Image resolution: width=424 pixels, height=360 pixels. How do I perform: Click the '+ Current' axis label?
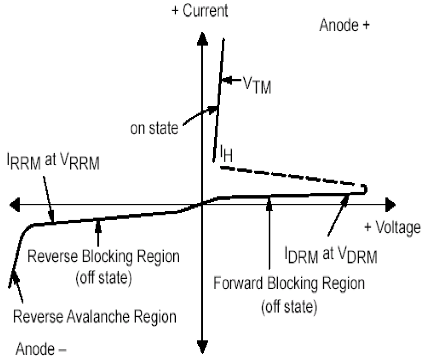(200, 11)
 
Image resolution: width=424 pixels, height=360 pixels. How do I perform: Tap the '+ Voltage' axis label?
(392, 228)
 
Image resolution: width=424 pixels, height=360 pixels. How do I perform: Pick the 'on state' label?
(155, 128)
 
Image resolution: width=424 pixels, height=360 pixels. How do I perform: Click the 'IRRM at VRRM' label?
(53, 162)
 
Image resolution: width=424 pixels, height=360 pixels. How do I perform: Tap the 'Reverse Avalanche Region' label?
(95, 317)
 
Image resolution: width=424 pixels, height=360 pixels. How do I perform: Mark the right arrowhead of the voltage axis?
(389, 205)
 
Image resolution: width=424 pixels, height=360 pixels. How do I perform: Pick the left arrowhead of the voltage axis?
(15, 205)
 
